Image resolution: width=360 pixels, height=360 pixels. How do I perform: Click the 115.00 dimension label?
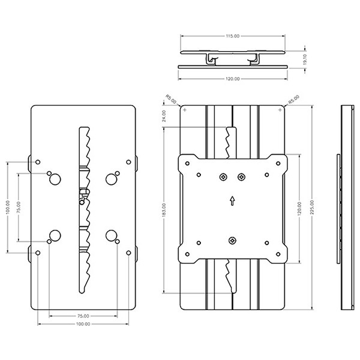tap(233, 36)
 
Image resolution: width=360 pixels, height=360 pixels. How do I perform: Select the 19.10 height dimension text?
tap(305, 59)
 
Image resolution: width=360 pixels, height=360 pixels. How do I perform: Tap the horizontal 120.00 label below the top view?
tap(233, 79)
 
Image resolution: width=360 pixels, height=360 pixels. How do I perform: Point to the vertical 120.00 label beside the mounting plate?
tap(299, 209)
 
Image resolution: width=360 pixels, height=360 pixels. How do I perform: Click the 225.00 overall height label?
tap(312, 208)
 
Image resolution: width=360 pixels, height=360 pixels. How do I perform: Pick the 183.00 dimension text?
tap(164, 210)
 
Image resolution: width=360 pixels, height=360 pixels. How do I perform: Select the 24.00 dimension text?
tap(164, 116)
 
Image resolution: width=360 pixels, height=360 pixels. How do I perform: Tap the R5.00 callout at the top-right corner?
tap(294, 100)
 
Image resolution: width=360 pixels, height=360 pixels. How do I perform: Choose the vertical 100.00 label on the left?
tap(8, 207)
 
